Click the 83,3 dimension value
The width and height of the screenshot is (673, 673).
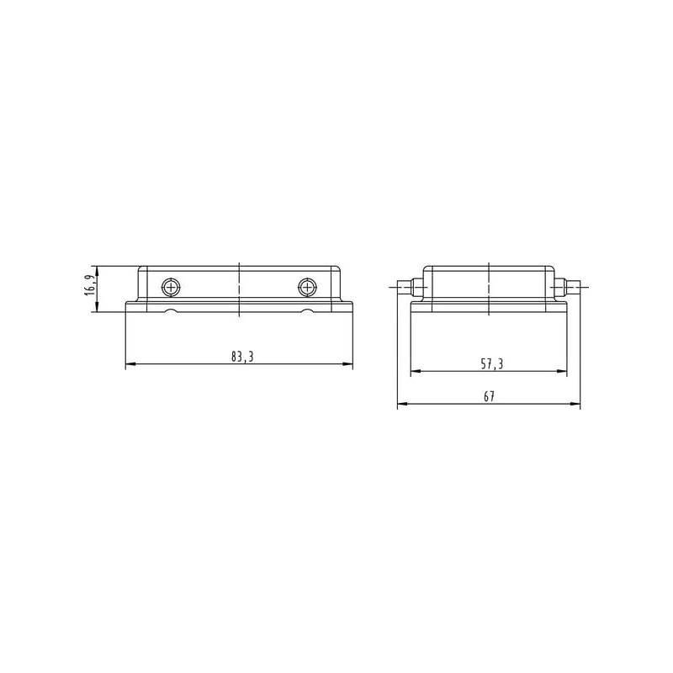point(242,357)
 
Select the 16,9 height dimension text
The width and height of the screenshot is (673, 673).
point(90,285)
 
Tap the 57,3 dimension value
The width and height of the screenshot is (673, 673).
point(492,364)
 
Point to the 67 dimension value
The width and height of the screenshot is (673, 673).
point(490,396)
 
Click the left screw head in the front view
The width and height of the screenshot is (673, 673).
point(171,287)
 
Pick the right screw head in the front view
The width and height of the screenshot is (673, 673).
point(307,287)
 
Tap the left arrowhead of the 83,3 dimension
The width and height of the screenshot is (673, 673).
point(130,364)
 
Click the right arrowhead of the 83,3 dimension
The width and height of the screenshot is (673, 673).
point(347,364)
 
